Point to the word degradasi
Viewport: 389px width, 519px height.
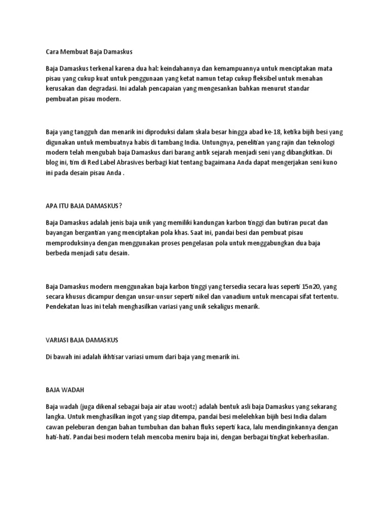(x=95, y=89)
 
